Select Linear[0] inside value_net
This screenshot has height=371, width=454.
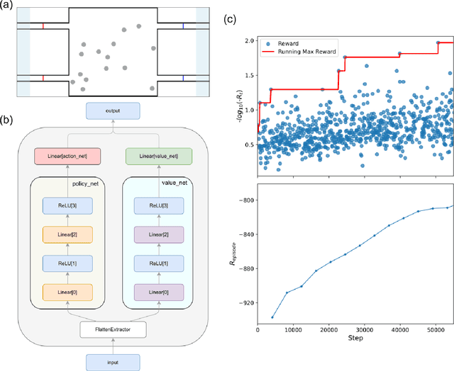pos(153,292)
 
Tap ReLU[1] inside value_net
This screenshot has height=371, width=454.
pos(153,263)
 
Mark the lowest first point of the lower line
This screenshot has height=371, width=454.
pos(272,317)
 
